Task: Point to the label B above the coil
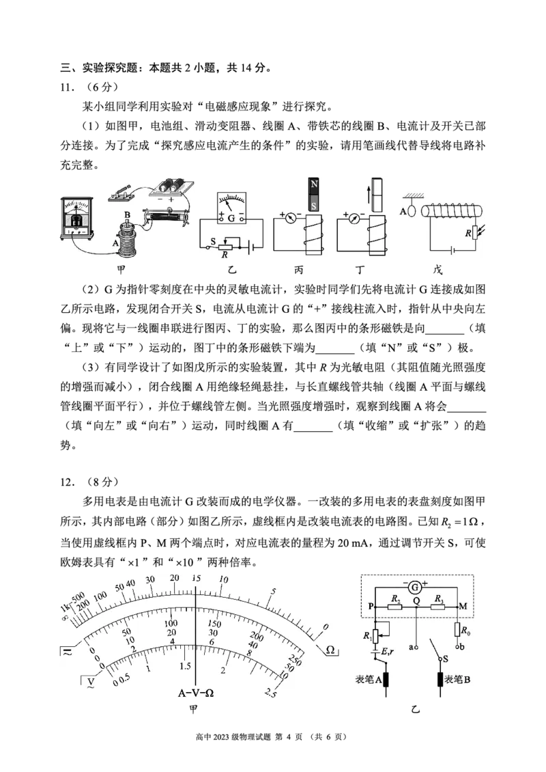(x=128, y=215)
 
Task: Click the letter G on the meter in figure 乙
(x=231, y=218)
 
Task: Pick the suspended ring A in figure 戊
(x=412, y=211)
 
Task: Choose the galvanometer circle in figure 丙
(x=290, y=216)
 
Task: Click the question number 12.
(x=68, y=482)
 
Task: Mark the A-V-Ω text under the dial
(x=196, y=693)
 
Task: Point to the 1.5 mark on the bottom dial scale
(x=185, y=666)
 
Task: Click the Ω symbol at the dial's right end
(x=330, y=650)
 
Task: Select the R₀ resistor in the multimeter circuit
(x=457, y=630)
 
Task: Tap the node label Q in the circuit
(x=416, y=600)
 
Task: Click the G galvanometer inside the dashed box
(x=415, y=588)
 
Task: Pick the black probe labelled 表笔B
(x=440, y=679)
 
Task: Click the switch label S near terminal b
(x=446, y=659)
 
